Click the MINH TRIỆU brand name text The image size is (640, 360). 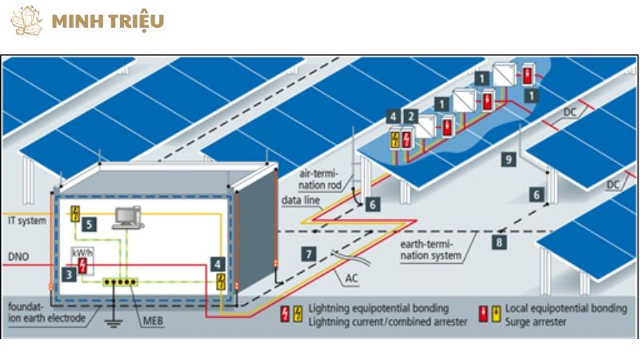click(x=107, y=22)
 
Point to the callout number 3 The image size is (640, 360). click(x=70, y=274)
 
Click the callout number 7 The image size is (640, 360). click(x=309, y=254)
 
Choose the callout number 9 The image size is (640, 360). click(x=508, y=160)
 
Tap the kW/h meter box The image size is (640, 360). click(x=81, y=258)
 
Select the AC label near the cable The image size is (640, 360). click(x=352, y=279)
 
